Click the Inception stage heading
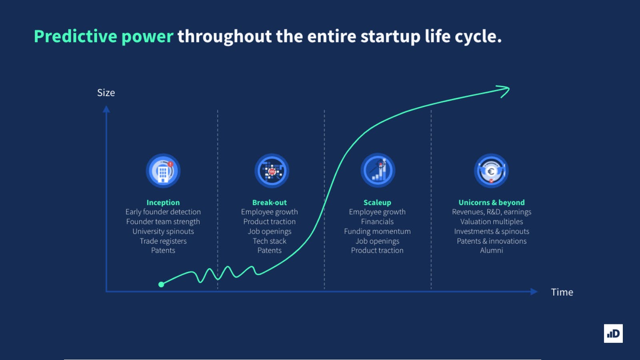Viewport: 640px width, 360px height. pos(163,202)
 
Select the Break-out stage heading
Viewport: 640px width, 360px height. pos(270,202)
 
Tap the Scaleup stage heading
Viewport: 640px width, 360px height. pos(377,202)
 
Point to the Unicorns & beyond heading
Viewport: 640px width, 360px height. pos(492,202)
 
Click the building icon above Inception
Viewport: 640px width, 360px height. pos(163,171)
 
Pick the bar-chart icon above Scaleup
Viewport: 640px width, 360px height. pos(378,170)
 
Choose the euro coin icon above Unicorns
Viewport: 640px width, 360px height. pos(491,171)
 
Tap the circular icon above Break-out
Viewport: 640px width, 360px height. pos(272,171)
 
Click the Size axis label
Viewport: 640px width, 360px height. pos(106,93)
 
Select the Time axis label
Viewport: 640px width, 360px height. pos(562,292)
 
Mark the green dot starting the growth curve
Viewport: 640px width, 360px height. pos(161,284)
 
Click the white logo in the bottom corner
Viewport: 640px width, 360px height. pos(613,334)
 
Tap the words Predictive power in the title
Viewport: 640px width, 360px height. pos(104,36)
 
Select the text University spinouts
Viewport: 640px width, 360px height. pos(163,231)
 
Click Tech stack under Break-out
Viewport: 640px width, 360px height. pos(270,241)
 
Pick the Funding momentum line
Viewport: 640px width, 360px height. pos(377,231)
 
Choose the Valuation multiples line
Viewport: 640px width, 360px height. pos(492,222)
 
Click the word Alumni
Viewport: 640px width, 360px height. pos(492,250)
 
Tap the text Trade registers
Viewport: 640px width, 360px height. pos(163,241)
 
